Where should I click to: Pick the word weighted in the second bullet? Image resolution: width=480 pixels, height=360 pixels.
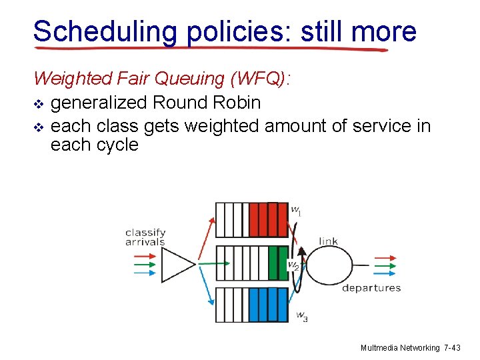click(222, 126)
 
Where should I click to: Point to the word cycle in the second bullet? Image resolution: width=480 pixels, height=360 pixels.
click(115, 145)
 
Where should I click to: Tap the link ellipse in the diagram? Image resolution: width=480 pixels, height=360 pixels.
click(329, 265)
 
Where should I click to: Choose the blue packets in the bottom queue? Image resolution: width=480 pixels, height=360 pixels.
click(268, 306)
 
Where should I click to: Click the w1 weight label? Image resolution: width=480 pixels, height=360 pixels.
click(296, 211)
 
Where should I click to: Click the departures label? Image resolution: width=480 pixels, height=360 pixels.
click(371, 288)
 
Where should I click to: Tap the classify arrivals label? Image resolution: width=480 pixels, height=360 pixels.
click(145, 237)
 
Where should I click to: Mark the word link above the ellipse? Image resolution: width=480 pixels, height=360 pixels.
click(329, 241)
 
